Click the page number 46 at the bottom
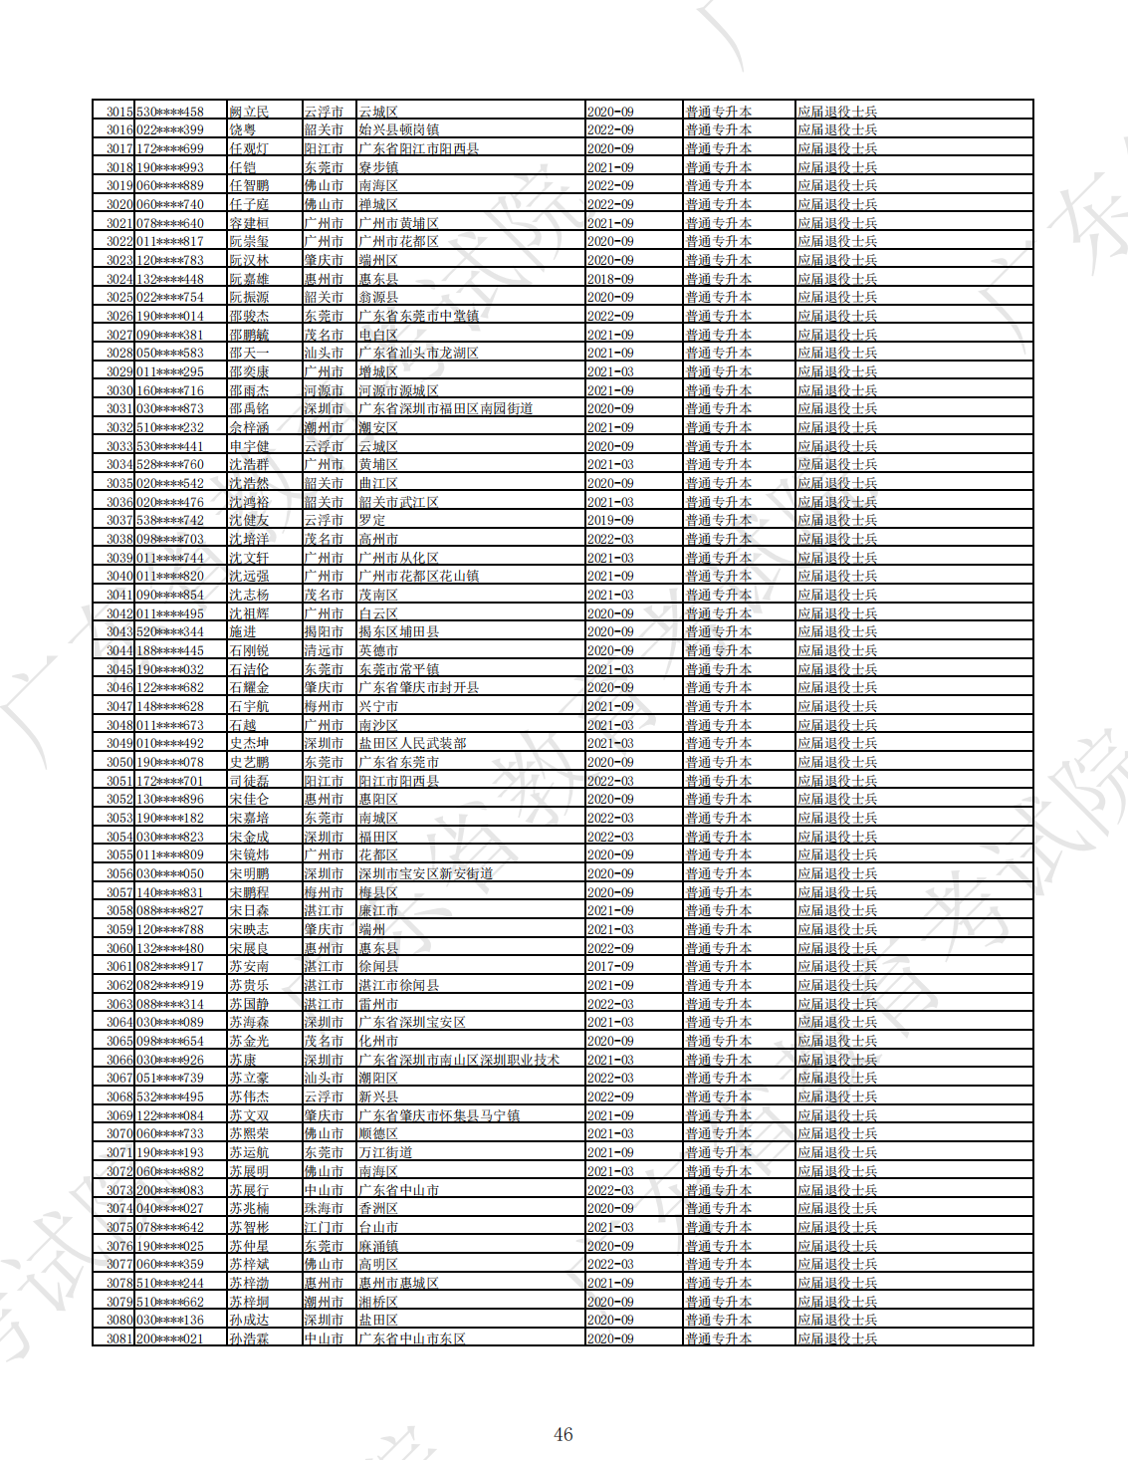564,1434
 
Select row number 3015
119,112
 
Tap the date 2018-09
610,279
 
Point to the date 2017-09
610,966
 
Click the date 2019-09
610,520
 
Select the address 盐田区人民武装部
412,743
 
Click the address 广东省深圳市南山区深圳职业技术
459,1060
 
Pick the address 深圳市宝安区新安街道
425,873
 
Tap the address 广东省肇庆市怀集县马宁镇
439,1115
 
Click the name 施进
243,631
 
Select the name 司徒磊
249,781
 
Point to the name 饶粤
243,129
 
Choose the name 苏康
243,1060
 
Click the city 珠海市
324,1208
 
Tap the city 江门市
324,1227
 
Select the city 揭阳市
324,631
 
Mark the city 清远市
324,650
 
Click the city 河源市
324,390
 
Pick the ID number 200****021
170,1338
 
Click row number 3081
119,1338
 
